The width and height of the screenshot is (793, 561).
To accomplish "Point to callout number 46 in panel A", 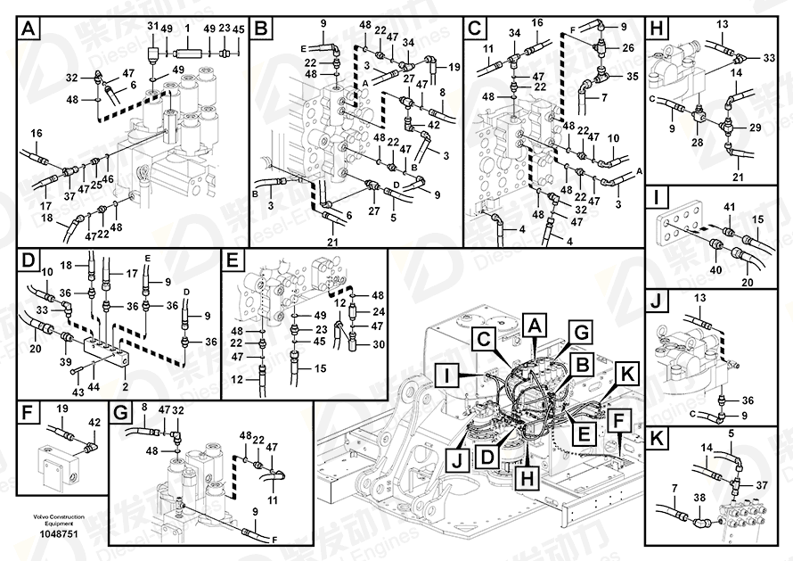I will (108, 179).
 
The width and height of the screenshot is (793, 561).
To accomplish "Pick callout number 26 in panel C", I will (628, 46).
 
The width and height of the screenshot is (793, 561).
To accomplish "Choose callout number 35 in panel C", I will (633, 78).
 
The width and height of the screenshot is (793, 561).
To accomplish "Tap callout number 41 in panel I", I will (729, 207).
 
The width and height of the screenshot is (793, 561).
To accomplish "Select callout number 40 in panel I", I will (715, 268).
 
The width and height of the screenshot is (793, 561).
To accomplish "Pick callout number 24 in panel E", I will (378, 312).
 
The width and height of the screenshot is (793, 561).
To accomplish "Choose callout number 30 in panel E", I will (378, 344).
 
